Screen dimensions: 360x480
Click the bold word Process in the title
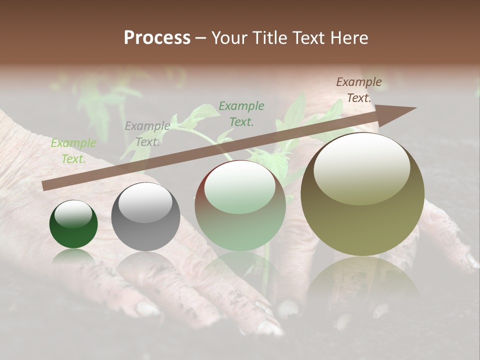[157, 38]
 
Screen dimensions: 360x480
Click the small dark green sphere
[73, 224]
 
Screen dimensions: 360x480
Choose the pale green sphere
[240, 206]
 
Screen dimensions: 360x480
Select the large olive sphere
[362, 194]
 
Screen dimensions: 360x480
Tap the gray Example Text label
[147, 134]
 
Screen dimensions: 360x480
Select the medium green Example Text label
[241, 113]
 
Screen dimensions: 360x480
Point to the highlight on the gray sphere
[145, 201]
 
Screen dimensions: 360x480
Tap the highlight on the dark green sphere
[73, 213]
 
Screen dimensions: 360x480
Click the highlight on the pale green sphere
[240, 186]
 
